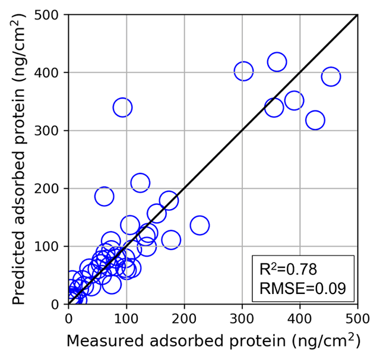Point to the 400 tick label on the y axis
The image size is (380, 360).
49,72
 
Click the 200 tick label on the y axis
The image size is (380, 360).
49,188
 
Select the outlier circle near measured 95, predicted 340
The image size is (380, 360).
122,108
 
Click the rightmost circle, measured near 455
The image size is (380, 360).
331,77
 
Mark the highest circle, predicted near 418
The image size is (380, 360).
277,62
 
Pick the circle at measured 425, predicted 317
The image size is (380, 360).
315,121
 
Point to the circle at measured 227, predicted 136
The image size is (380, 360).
199,225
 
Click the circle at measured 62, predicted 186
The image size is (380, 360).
104,197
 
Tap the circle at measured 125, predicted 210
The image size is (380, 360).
140,182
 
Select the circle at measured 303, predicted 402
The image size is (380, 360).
243,71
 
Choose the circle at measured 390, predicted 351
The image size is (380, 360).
294,100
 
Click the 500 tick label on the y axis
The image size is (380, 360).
49,15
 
